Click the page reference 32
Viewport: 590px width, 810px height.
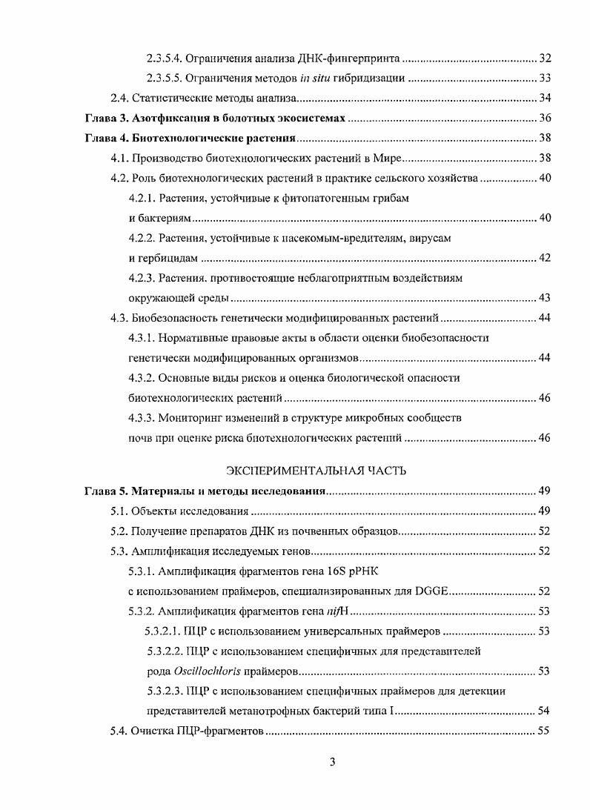pos(545,58)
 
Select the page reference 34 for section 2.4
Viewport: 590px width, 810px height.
pos(545,98)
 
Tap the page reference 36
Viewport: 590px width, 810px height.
pos(545,118)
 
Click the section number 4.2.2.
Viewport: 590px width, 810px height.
pos(143,238)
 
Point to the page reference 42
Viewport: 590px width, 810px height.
pos(545,258)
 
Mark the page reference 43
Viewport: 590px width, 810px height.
pos(545,298)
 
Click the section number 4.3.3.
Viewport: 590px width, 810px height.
pos(143,418)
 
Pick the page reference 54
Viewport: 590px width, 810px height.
pos(545,711)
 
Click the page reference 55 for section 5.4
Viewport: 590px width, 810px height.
pos(545,731)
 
